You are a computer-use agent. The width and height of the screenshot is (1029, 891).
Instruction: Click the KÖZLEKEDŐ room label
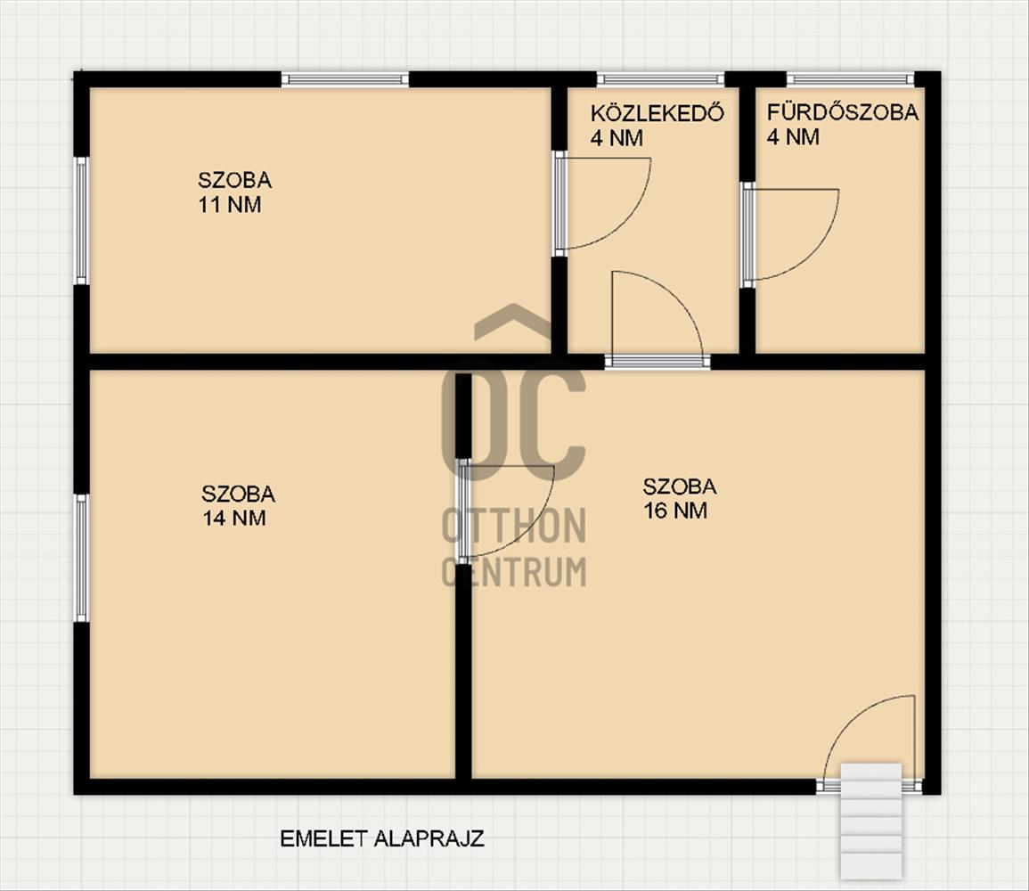[657, 113]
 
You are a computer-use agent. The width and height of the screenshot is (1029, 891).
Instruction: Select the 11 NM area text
[230, 205]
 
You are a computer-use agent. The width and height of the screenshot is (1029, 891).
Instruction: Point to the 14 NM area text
[234, 518]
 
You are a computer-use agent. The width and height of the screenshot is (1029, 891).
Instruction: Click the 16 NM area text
[675, 511]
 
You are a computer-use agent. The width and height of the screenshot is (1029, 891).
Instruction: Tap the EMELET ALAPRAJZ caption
[382, 838]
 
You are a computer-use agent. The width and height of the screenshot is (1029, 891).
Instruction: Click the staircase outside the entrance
[870, 820]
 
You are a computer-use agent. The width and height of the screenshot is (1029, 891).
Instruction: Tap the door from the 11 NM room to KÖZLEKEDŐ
[605, 203]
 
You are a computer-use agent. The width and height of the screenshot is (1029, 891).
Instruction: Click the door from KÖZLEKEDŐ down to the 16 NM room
[657, 317]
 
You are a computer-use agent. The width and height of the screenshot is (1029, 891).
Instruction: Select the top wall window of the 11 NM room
[345, 79]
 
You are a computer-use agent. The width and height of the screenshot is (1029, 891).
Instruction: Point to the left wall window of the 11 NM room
[81, 220]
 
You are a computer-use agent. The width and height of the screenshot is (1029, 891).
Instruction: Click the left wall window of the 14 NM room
[81, 558]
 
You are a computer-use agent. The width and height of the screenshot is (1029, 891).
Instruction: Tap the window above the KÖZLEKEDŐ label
[660, 79]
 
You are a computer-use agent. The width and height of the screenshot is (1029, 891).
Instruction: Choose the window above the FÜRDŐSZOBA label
[851, 79]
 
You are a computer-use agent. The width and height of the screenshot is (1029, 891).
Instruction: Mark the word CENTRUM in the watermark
[515, 571]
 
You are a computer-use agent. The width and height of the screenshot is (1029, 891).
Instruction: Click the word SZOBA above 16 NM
[680, 486]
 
